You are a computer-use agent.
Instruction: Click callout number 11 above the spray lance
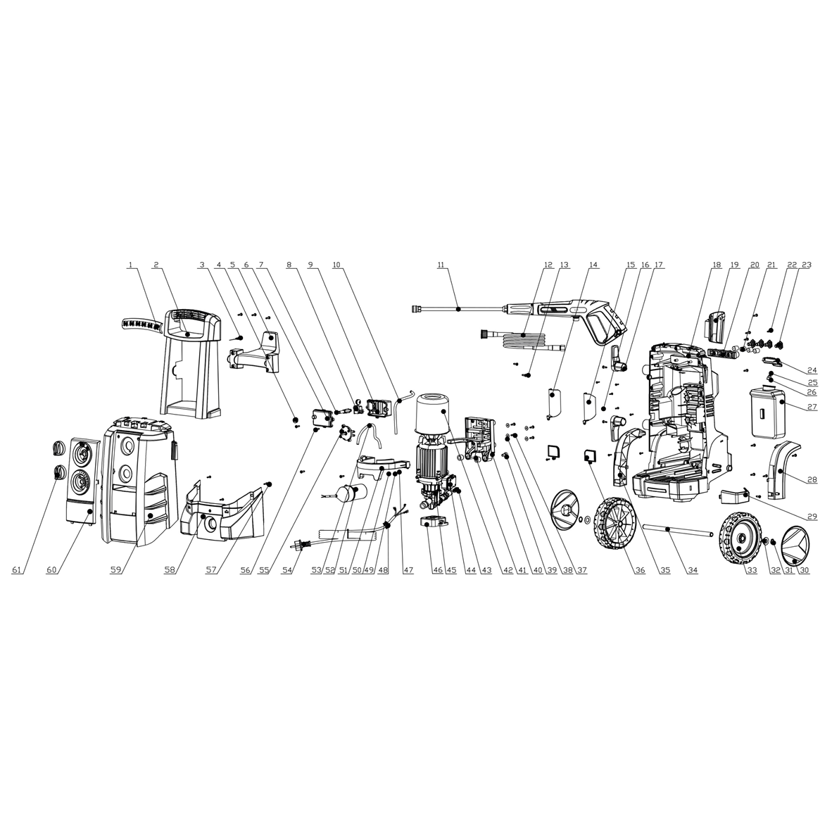[441, 264]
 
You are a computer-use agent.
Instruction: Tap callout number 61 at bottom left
[16, 570]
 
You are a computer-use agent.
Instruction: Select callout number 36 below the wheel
[639, 570]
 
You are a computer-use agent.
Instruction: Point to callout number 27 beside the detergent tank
[812, 408]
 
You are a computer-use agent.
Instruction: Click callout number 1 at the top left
[130, 264]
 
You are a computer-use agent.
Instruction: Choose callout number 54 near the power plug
[288, 570]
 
